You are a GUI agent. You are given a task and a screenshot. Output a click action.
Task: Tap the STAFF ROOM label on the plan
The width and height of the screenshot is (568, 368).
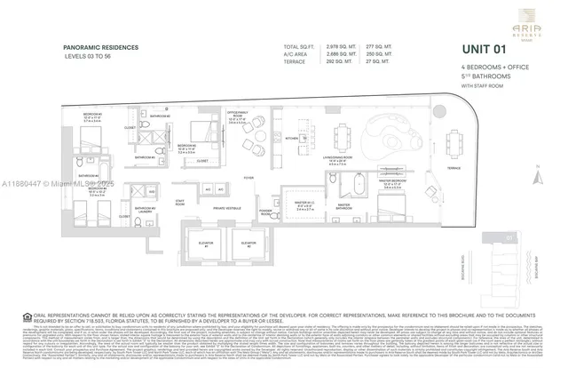click(x=180, y=204)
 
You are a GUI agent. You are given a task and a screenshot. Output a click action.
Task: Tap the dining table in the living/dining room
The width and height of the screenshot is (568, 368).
click(x=343, y=134)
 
